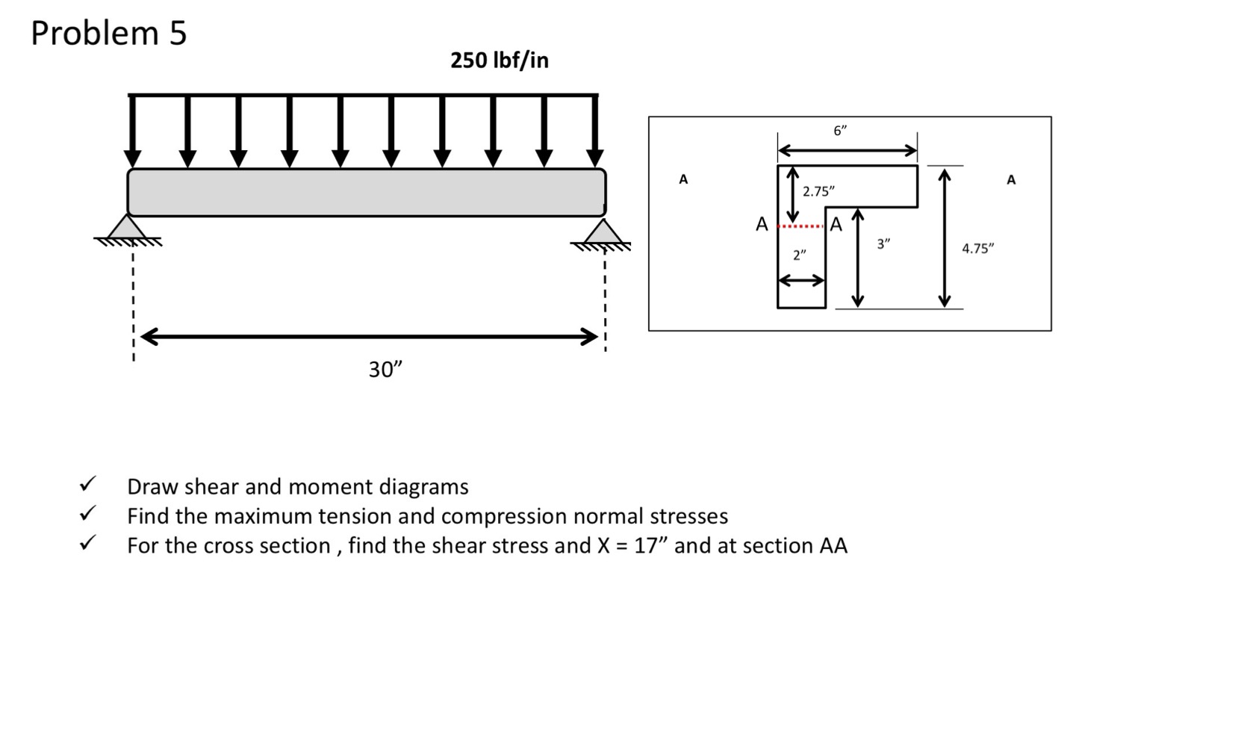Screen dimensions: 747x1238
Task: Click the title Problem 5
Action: pyautogui.click(x=109, y=34)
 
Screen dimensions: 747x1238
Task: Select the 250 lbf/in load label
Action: pyautogui.click(x=499, y=61)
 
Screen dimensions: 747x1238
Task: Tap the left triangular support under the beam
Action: pyautogui.click(x=127, y=227)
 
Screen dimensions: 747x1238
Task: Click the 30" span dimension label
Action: pyautogui.click(x=385, y=369)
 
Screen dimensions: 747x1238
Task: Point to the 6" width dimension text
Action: pyautogui.click(x=840, y=131)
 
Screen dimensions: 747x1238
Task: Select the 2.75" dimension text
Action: pyautogui.click(x=818, y=191)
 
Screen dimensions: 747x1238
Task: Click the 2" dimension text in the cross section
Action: pyautogui.click(x=800, y=255)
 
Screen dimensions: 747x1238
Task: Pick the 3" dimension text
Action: pyautogui.click(x=883, y=244)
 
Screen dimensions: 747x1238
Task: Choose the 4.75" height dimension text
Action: pyautogui.click(x=977, y=249)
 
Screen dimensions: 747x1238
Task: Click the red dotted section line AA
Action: pyautogui.click(x=801, y=226)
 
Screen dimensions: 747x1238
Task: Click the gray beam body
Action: pyautogui.click(x=366, y=193)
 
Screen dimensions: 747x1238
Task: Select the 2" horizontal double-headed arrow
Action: pyautogui.click(x=801, y=281)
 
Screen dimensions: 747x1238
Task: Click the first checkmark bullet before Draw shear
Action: pyautogui.click(x=87, y=484)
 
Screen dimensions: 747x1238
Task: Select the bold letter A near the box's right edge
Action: pyautogui.click(x=1011, y=180)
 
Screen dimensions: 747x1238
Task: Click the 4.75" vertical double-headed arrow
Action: pyautogui.click(x=945, y=238)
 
